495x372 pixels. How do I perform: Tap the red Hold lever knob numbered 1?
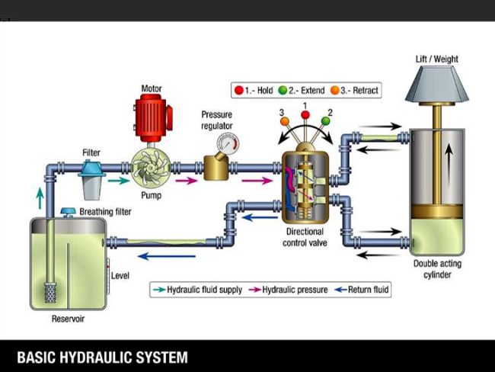click(x=305, y=115)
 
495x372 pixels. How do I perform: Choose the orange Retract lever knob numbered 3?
click(x=284, y=121)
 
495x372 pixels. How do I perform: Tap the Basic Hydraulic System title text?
click(x=102, y=356)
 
